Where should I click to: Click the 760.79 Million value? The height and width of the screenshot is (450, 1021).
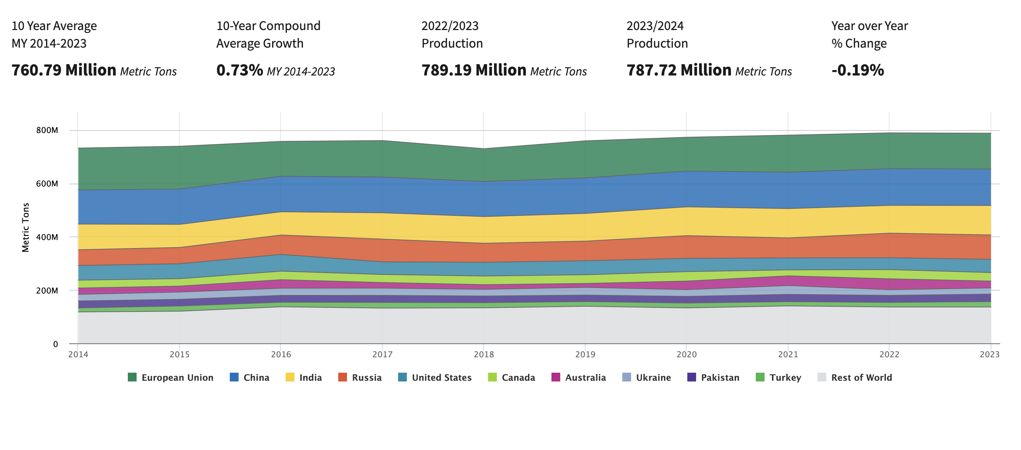pos(64,70)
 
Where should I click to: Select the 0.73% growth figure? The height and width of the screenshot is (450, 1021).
pos(240,70)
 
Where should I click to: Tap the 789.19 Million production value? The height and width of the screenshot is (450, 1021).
pos(474,70)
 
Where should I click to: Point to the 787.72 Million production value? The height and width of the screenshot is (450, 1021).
pos(679,70)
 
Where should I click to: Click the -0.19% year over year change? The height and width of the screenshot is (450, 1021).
pos(857,70)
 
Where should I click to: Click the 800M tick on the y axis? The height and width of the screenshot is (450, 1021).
pos(47,130)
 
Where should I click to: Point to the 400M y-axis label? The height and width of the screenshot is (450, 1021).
pos(47,237)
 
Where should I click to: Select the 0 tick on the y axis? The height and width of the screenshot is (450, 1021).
pos(56,344)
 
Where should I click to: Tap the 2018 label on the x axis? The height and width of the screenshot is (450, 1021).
pos(483,354)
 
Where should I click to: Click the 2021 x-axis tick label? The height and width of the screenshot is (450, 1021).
pos(788,354)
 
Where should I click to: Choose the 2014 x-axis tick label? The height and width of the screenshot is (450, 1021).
pos(78,354)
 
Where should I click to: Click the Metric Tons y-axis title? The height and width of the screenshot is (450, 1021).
pos(25,227)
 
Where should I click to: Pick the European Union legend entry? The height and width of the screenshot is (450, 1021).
pos(177,377)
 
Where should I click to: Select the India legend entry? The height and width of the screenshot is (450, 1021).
pos(310,377)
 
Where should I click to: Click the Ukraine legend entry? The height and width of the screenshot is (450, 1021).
pos(653,377)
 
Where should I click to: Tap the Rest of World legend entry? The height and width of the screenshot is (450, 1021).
pos(861,377)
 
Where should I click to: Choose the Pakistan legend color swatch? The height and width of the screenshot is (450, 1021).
pos(691,377)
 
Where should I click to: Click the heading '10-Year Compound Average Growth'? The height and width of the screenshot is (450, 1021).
pos(268,34)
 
